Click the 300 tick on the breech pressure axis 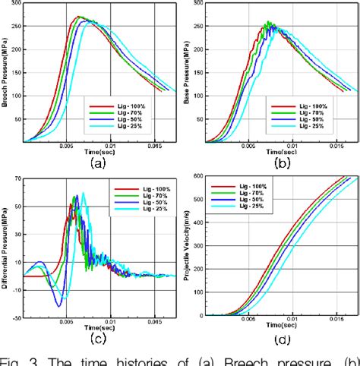click(16, 4)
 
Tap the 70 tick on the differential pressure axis click(17, 176)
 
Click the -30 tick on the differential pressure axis click(16, 314)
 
